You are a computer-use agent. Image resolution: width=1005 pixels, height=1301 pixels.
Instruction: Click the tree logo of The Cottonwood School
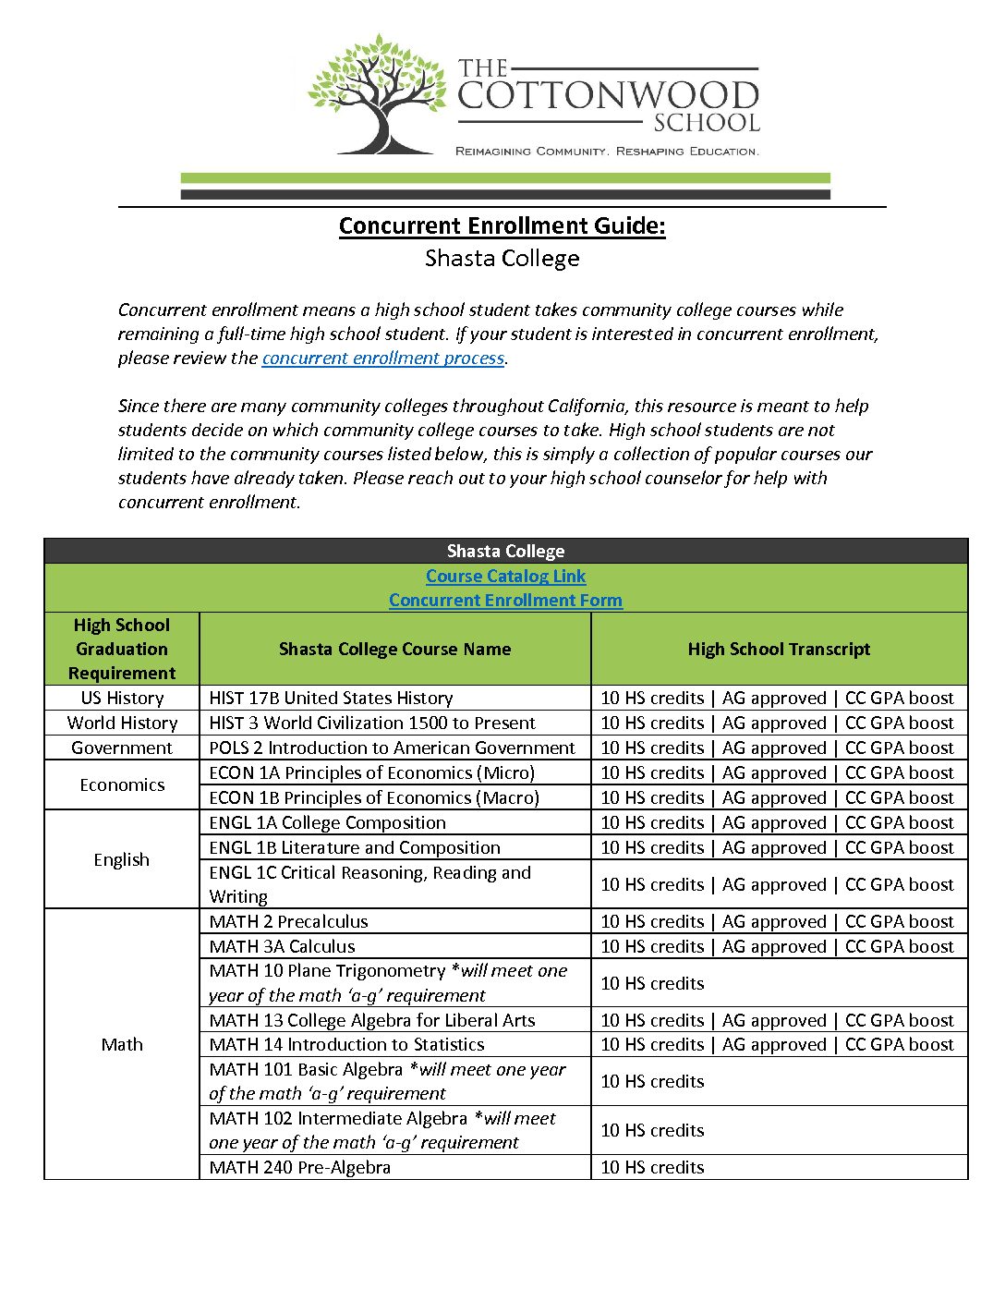pyautogui.click(x=376, y=95)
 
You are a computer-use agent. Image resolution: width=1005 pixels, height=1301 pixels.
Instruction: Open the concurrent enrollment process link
pyautogui.click(x=382, y=359)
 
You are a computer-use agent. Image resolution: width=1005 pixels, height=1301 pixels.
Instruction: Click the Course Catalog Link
pyautogui.click(x=505, y=577)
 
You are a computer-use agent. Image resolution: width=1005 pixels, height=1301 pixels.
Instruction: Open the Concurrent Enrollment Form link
pyautogui.click(x=505, y=601)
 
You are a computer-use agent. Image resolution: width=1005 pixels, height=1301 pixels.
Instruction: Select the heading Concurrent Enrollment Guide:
pyautogui.click(x=502, y=226)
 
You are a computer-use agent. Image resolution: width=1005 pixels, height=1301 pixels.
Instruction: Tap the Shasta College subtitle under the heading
pyautogui.click(x=502, y=259)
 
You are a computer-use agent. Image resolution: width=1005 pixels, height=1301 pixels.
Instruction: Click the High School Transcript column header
pyautogui.click(x=779, y=650)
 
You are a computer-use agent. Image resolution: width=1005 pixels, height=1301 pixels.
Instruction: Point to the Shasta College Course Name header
pyautogui.click(x=394, y=650)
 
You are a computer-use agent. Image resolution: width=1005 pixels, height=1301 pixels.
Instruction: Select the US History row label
pyautogui.click(x=122, y=699)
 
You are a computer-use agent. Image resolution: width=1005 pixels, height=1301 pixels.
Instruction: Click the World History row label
pyautogui.click(x=122, y=723)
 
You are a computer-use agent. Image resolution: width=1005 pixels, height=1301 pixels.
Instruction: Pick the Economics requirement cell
pyautogui.click(x=122, y=785)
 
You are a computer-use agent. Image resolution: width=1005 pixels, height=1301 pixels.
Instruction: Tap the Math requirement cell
pyautogui.click(x=122, y=1045)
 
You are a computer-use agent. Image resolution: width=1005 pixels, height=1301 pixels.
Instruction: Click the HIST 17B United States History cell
pyautogui.click(x=331, y=699)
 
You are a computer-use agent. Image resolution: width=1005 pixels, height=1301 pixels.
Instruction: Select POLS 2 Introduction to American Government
pyautogui.click(x=392, y=748)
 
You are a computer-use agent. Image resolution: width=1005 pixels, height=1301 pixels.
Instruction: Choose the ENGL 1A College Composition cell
pyautogui.click(x=327, y=823)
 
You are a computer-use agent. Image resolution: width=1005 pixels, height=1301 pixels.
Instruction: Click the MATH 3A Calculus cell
pyautogui.click(x=282, y=947)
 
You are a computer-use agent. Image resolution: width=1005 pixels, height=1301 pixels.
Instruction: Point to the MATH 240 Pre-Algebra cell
pyautogui.click(x=299, y=1168)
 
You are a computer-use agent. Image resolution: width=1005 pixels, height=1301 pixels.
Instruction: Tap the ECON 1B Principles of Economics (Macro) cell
pyautogui.click(x=374, y=798)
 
